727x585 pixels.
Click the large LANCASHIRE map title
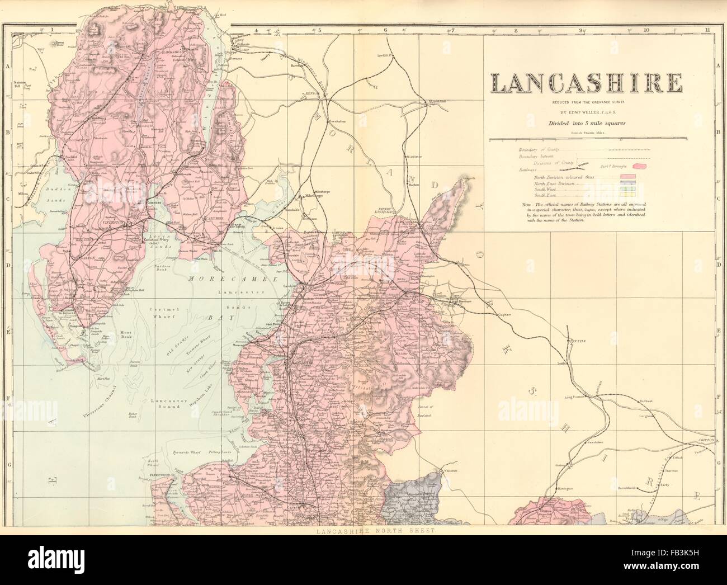pyautogui.click(x=586, y=83)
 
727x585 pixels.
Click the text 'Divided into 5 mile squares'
pyautogui.click(x=586, y=123)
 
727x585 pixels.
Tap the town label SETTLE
pyautogui.click(x=577, y=341)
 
